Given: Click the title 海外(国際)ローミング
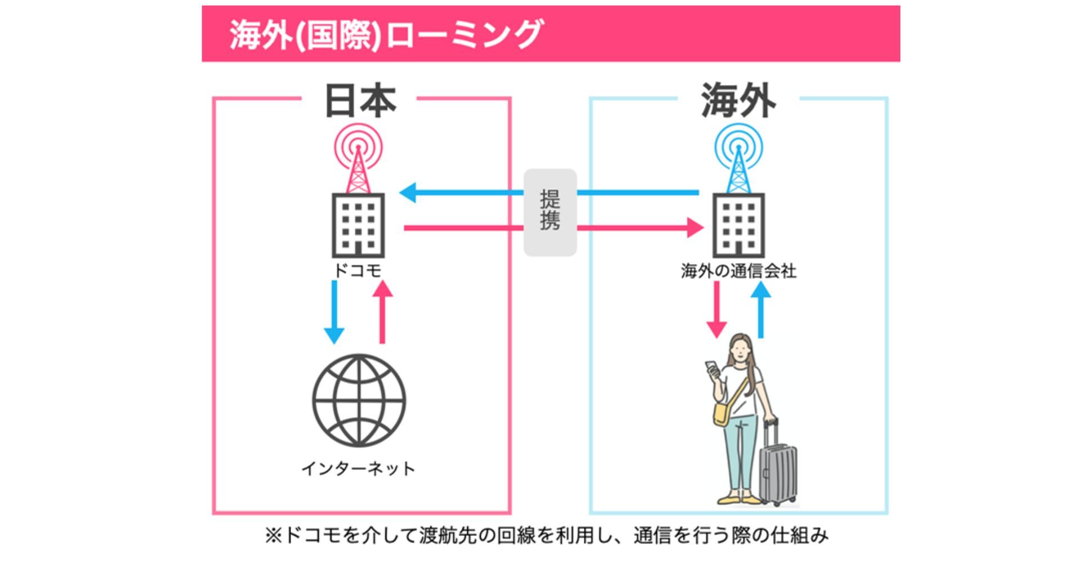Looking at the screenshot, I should pyautogui.click(x=386, y=34).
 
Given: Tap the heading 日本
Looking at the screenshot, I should pyautogui.click(x=360, y=101).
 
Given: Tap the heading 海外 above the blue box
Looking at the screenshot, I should pyautogui.click(x=738, y=101).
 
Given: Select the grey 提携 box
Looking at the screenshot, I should pyautogui.click(x=550, y=212).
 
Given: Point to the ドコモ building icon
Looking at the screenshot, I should pyautogui.click(x=358, y=225).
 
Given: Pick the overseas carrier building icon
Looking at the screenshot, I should pyautogui.click(x=738, y=225).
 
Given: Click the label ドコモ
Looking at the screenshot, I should pyautogui.click(x=358, y=271).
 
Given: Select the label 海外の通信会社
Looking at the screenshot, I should pyautogui.click(x=738, y=271).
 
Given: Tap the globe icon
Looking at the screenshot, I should pyautogui.click(x=359, y=400).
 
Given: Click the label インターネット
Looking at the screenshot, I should pyautogui.click(x=359, y=468).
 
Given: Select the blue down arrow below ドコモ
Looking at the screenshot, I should pyautogui.click(x=334, y=312).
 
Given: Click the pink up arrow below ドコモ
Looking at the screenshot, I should pyautogui.click(x=382, y=312).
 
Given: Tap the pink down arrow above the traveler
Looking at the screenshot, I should pyautogui.click(x=716, y=310).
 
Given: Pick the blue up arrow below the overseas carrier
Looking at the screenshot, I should pyautogui.click(x=761, y=310).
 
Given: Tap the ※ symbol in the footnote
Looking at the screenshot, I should pyautogui.click(x=273, y=535).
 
